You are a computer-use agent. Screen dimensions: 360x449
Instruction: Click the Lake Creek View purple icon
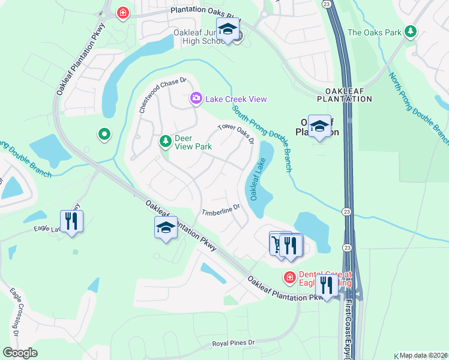click(x=196, y=99)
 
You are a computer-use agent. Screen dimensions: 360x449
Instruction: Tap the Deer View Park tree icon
click(x=165, y=142)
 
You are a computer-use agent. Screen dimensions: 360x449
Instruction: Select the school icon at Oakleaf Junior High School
click(x=228, y=30)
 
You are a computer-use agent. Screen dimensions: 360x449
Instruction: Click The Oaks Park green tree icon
click(x=411, y=31)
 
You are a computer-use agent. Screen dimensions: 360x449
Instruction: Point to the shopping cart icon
click(x=277, y=244)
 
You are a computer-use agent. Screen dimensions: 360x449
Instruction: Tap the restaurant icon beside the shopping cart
click(x=290, y=245)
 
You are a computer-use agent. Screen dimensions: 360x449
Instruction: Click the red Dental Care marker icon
click(x=289, y=277)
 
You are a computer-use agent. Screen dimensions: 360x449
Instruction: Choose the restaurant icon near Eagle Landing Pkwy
click(x=71, y=220)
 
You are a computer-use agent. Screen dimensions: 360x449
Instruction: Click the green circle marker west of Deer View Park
click(x=104, y=134)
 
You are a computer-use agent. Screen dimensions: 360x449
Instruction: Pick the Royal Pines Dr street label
click(x=234, y=343)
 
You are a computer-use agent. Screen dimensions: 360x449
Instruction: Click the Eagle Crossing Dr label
click(x=16, y=312)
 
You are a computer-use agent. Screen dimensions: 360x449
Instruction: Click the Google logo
click(x=20, y=352)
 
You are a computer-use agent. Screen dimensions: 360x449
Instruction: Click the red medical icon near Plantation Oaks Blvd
click(x=123, y=13)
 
